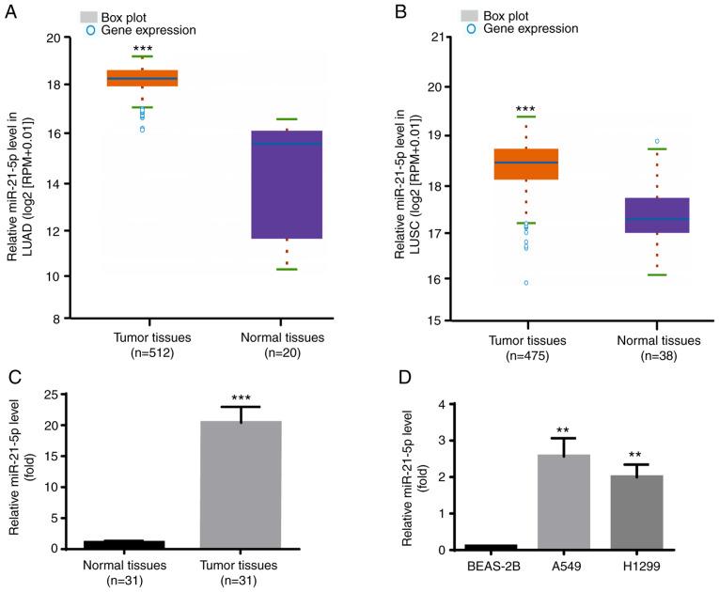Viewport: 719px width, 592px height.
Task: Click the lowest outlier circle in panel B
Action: pyautogui.click(x=525, y=282)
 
